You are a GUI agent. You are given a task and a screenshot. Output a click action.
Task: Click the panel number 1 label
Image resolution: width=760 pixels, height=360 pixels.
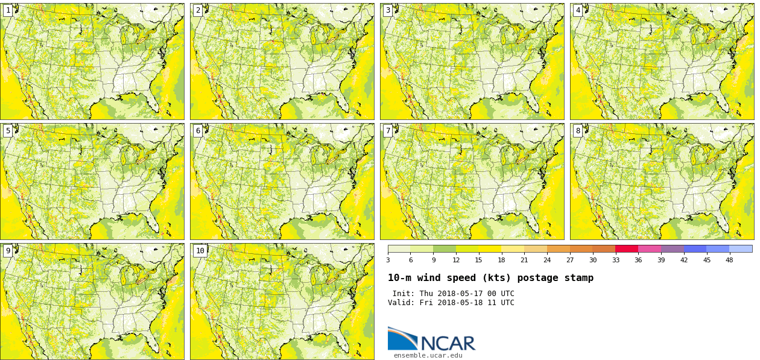8,10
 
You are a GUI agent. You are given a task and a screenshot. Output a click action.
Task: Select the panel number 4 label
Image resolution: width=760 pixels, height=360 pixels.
578,10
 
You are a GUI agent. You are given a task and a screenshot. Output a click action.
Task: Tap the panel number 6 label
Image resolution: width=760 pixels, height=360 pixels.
198,131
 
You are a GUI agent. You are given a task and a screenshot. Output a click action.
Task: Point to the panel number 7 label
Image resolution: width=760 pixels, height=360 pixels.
388,131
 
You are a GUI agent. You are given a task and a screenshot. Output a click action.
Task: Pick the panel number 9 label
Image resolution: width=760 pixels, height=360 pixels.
8,251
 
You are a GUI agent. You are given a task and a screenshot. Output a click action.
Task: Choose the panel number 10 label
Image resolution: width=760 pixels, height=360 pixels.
200,251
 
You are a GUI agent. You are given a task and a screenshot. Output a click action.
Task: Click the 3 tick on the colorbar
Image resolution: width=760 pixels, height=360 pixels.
388,260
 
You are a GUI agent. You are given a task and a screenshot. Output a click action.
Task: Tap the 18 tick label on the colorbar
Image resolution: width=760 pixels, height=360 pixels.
501,260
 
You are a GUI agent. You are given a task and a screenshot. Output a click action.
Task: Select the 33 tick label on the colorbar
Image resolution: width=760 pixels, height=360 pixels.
615,260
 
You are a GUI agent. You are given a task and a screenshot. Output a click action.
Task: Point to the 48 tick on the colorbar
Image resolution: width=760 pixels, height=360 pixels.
729,260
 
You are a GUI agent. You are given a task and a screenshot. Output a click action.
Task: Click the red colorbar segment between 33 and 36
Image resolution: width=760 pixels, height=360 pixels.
627,248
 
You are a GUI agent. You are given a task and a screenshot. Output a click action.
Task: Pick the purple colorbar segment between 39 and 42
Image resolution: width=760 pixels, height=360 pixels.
672,248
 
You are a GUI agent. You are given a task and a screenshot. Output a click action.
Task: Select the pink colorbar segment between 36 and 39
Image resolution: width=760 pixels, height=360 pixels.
650,248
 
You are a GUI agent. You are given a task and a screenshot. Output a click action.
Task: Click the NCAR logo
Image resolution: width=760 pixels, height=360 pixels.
431,340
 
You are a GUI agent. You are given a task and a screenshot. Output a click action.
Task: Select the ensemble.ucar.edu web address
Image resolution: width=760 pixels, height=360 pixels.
428,355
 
